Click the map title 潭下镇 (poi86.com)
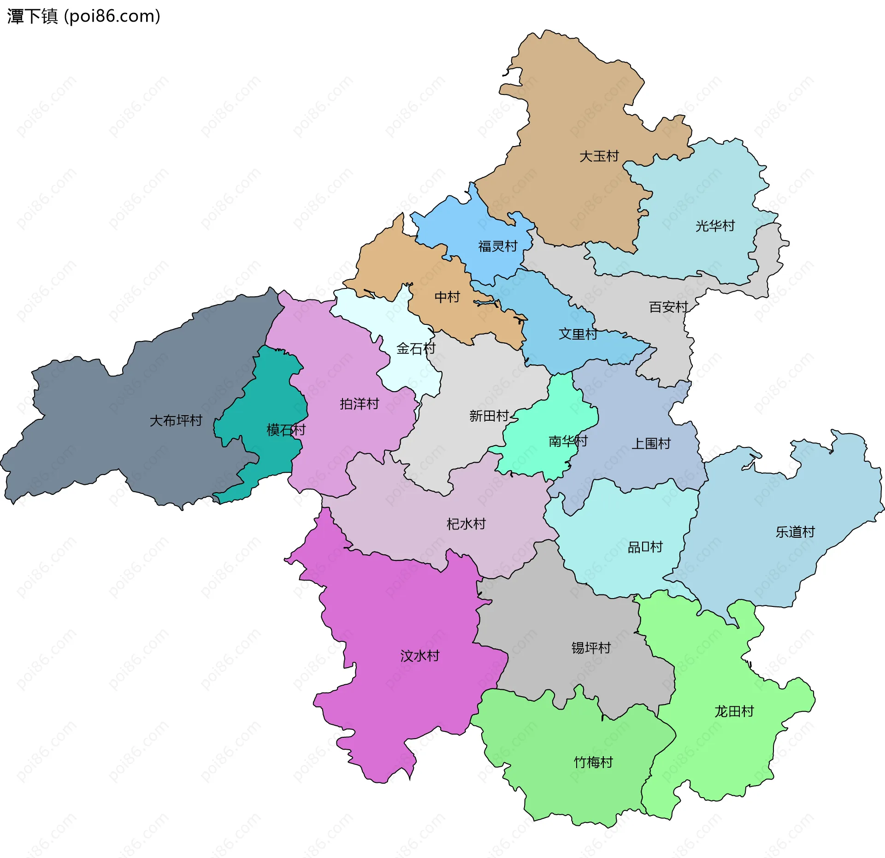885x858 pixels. pyautogui.click(x=83, y=16)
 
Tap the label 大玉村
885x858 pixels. pyautogui.click(x=599, y=156)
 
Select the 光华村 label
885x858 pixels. pyautogui.click(x=715, y=226)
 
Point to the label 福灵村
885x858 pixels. pyautogui.click(x=498, y=246)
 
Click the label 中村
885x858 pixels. pyautogui.click(x=447, y=297)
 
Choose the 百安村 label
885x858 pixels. pyautogui.click(x=668, y=307)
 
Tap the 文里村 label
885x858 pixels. pyautogui.click(x=578, y=334)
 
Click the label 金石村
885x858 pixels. pyautogui.click(x=416, y=348)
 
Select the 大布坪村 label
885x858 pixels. pyautogui.click(x=176, y=420)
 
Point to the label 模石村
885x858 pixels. pyautogui.click(x=286, y=430)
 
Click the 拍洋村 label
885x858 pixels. pyautogui.click(x=359, y=404)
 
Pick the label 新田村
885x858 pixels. pyautogui.click(x=489, y=416)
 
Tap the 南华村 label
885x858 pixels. pyautogui.click(x=568, y=441)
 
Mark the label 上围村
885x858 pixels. pyautogui.click(x=651, y=443)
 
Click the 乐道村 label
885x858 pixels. pyautogui.click(x=795, y=532)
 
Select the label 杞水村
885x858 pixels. pyautogui.click(x=466, y=523)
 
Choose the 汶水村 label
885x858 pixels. pyautogui.click(x=419, y=656)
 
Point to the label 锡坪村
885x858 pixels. pyautogui.click(x=591, y=648)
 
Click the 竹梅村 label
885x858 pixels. pyautogui.click(x=593, y=762)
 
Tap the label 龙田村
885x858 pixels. pyautogui.click(x=734, y=711)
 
